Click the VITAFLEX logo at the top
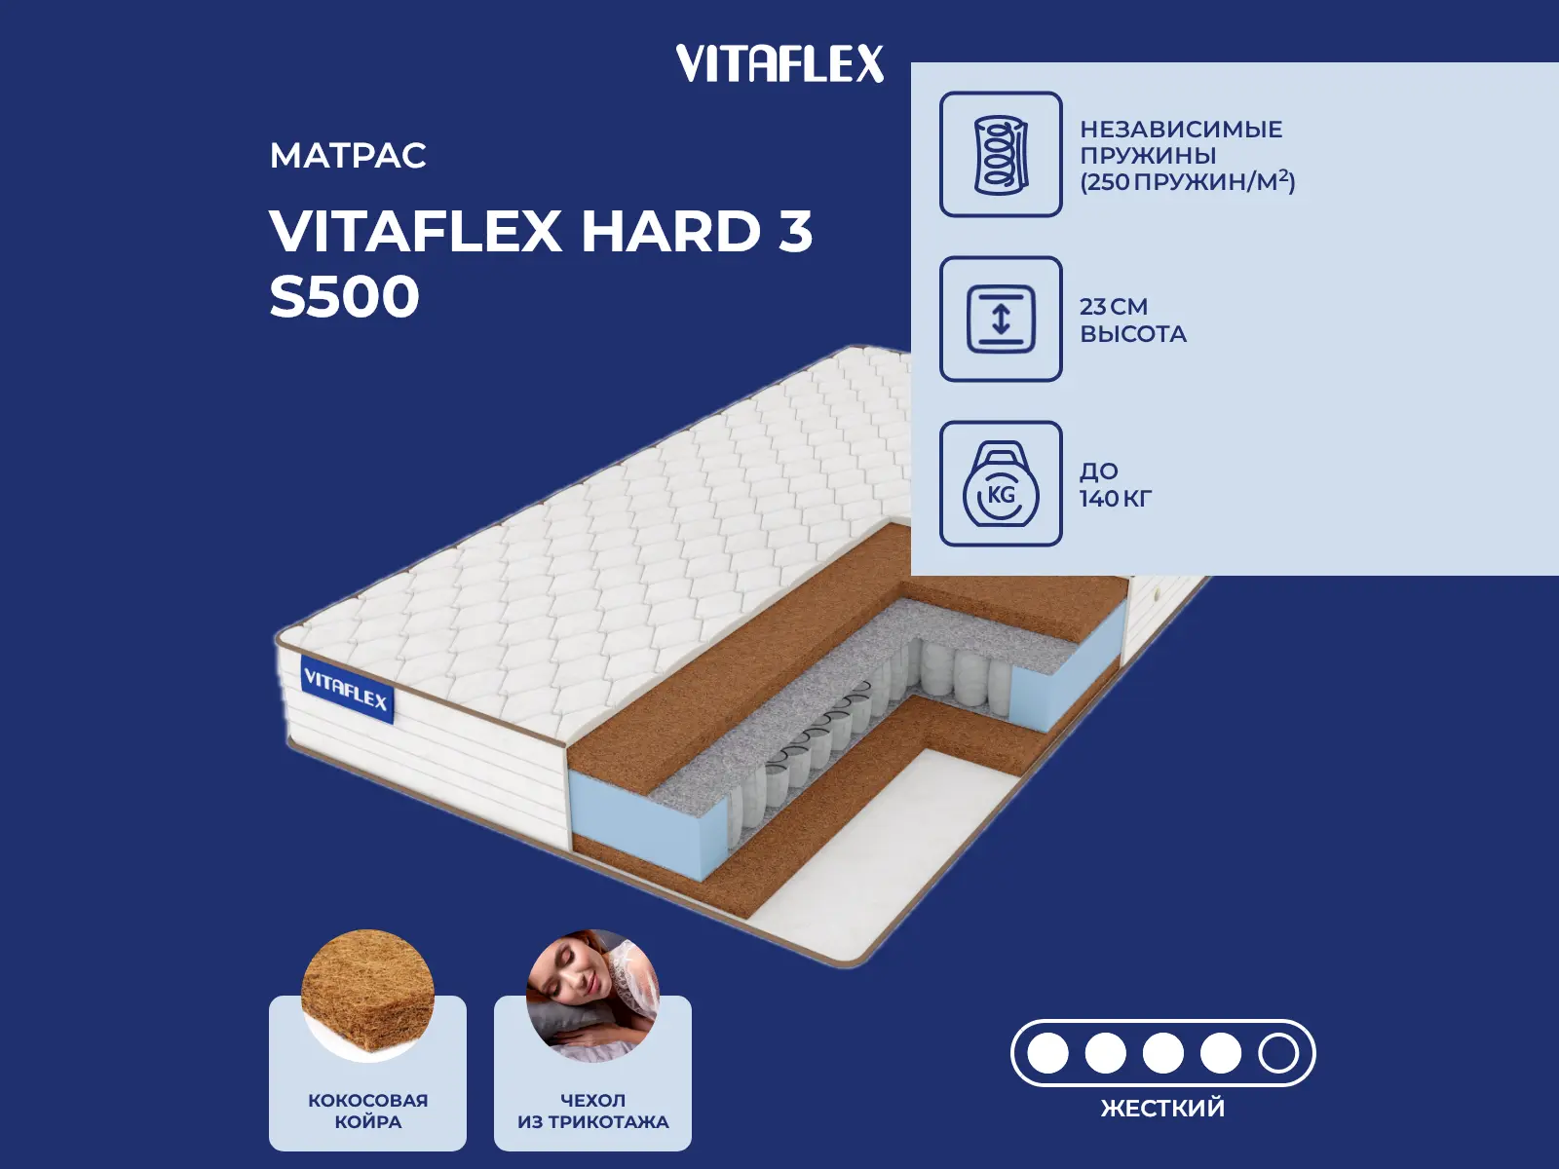point(779,63)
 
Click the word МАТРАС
point(348,156)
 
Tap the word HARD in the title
point(670,232)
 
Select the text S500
point(344,297)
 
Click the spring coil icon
point(1001,154)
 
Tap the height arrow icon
point(1001,319)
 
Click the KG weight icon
point(1001,485)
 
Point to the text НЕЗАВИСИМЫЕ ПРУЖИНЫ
point(1180,142)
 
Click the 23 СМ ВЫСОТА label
point(1132,321)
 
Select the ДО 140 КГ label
point(1115,485)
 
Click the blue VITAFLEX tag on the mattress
point(346,690)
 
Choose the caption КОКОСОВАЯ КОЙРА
point(367,1111)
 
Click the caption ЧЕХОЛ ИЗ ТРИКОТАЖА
point(592,1111)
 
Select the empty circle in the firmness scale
point(1277,1053)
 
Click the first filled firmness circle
point(1048,1053)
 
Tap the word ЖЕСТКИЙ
point(1162,1109)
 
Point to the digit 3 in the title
point(795,232)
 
